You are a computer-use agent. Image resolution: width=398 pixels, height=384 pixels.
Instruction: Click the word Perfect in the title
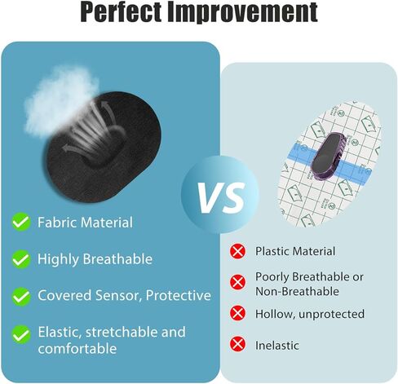coord(121,12)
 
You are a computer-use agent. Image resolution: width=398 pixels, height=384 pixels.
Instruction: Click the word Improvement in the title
coord(242,12)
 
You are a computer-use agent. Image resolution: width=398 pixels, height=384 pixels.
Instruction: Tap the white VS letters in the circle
coord(221,197)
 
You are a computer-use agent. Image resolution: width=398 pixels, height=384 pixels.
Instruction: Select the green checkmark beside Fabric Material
coord(21,222)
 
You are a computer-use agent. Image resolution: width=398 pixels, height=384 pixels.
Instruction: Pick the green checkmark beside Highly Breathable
coord(21,259)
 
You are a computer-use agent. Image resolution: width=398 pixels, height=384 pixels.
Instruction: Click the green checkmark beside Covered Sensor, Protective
coord(21,296)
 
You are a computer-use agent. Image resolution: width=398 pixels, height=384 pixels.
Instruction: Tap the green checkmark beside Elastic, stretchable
coord(21,334)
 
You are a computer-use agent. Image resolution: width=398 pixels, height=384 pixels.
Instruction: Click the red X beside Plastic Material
coord(237,251)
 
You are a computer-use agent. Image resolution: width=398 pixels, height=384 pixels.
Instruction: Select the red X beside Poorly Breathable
coord(237,282)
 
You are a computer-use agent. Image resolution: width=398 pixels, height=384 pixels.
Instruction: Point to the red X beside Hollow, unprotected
coord(237,313)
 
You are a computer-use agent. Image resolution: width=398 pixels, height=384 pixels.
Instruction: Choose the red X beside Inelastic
coord(237,344)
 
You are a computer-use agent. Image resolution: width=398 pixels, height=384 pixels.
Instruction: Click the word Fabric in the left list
coord(57,223)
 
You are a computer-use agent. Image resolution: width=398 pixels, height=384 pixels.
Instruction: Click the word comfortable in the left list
coord(77,348)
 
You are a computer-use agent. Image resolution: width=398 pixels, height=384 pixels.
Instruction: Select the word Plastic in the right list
coord(272,251)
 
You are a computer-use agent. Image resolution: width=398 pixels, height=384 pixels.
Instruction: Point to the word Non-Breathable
coord(297,291)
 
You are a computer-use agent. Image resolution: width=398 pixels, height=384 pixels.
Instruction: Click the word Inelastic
coord(277,346)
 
